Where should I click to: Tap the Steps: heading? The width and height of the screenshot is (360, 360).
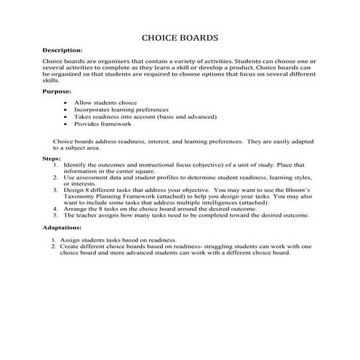[52, 157]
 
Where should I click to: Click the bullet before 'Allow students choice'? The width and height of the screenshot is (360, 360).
[67, 103]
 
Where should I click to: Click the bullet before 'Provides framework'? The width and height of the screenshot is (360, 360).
[67, 124]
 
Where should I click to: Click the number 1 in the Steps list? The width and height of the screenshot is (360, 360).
[56, 164]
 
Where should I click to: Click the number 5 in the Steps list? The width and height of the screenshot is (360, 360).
[56, 215]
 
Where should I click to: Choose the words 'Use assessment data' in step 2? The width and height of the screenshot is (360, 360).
[92, 177]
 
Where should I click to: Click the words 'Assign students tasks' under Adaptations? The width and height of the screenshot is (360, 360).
[90, 240]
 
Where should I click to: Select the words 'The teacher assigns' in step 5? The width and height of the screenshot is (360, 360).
[90, 215]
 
